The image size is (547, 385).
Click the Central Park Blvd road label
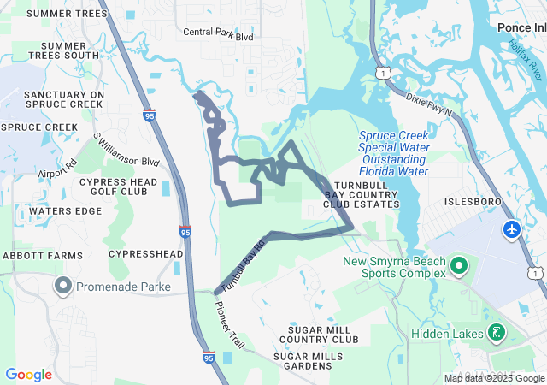219,35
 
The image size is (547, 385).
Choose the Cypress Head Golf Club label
118,187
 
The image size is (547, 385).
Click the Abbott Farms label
43,256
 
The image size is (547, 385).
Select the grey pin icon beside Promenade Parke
63,285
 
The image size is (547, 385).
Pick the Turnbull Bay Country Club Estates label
362,195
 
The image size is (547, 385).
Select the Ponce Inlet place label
521,27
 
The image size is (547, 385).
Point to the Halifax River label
525,59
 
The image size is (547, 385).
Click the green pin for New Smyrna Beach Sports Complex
459,266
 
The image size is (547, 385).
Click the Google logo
29,375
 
